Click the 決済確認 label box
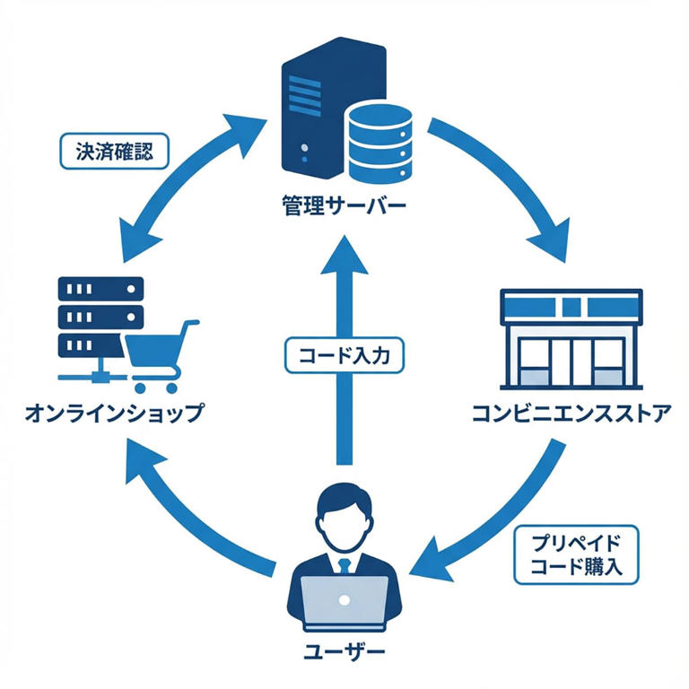(x=105, y=150)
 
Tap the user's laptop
(x=344, y=603)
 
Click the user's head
(x=344, y=516)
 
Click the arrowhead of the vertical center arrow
(x=344, y=256)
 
